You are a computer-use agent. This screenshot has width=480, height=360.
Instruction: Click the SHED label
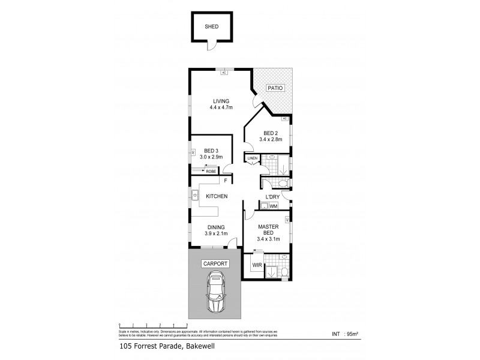tap(211, 27)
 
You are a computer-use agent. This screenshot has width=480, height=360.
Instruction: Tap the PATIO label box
tap(275, 88)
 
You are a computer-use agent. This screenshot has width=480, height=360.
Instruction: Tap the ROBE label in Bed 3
tap(211, 172)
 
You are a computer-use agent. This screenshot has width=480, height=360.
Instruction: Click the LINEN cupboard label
tap(252, 158)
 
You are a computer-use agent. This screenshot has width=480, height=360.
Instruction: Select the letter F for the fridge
tap(225, 181)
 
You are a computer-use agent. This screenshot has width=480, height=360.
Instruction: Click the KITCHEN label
tap(216, 196)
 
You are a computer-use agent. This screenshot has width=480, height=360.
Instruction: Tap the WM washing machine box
tap(273, 206)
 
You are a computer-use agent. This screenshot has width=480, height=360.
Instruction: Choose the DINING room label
tap(216, 227)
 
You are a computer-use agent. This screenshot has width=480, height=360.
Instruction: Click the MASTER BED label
tap(266, 230)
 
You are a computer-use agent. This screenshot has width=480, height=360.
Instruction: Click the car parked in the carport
tap(215, 292)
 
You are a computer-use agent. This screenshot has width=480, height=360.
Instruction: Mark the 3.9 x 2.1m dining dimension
tap(216, 235)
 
